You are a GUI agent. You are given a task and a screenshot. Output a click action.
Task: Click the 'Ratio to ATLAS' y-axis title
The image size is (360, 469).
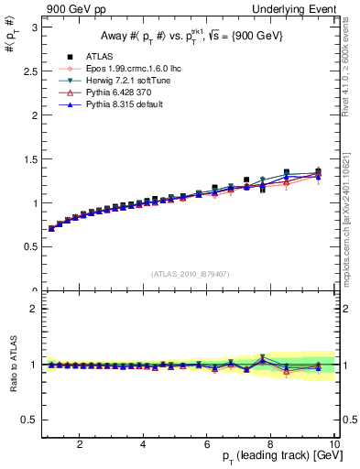[11, 365]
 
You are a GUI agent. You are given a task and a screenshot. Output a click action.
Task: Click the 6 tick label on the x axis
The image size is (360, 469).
[207, 443]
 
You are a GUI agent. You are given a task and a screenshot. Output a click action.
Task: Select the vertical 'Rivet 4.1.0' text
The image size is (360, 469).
[350, 65]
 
